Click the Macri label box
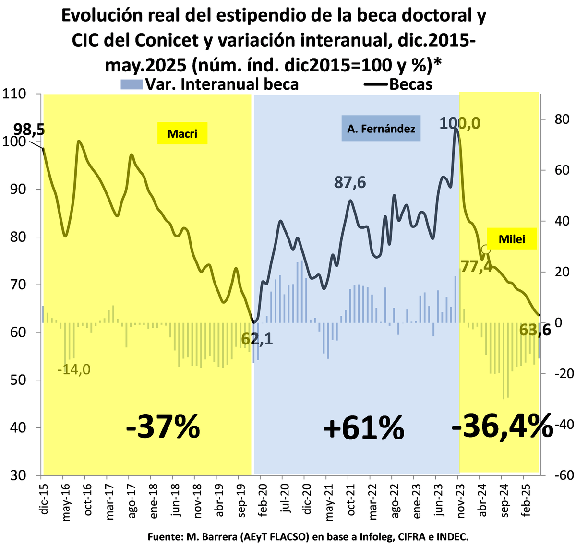point(182,133)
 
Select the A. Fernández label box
point(381,129)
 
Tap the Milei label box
point(512,239)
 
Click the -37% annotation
point(163,427)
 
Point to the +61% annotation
point(363,428)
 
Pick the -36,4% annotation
point(502,425)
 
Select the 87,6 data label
point(350,182)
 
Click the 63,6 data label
point(536,331)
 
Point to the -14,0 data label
point(73,370)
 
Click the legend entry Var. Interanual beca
point(210,84)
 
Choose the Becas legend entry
point(399,84)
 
